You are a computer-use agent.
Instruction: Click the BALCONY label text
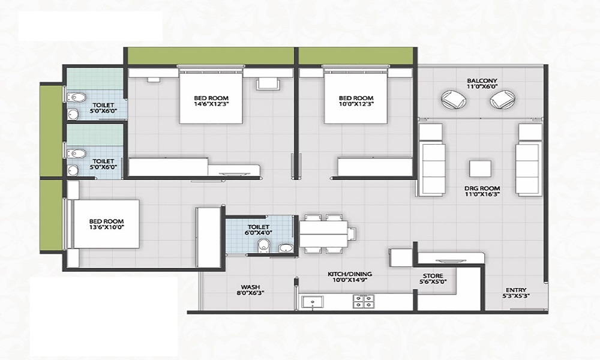pyautogui.click(x=482, y=80)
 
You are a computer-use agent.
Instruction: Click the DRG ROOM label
pyautogui.click(x=482, y=188)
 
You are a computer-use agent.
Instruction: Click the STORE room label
pyautogui.click(x=433, y=276)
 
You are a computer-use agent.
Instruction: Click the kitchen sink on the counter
pyautogui.click(x=311, y=302)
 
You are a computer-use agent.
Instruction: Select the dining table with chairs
pyautogui.click(x=324, y=232)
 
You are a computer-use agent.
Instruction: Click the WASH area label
pyautogui.click(x=250, y=286)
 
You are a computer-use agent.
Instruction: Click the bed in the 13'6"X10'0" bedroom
pyautogui.click(x=106, y=223)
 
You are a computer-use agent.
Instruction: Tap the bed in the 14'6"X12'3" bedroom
pyautogui.click(x=211, y=97)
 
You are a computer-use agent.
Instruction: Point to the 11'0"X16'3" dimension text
pyautogui.click(x=482, y=196)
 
